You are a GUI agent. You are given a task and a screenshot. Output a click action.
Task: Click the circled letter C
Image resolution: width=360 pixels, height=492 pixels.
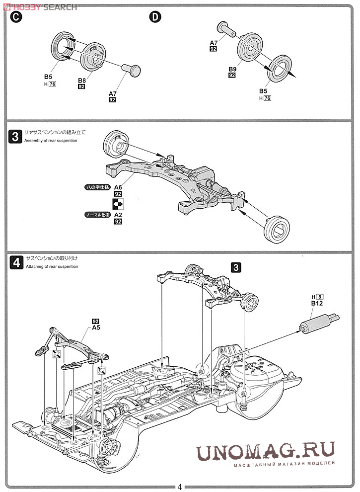pyautogui.click(x=17, y=16)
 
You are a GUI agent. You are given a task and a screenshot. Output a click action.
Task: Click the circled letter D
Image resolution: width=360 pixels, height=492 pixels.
pyautogui.click(x=155, y=16)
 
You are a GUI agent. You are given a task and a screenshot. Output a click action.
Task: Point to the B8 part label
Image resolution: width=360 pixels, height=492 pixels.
pyautogui.click(x=82, y=80)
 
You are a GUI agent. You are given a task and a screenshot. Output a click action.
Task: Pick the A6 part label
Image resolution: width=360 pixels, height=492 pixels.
pyautogui.click(x=118, y=187)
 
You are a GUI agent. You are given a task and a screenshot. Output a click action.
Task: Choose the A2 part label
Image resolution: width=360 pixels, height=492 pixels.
pyautogui.click(x=118, y=215)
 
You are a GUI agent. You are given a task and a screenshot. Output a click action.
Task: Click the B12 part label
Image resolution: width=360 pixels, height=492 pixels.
pyautogui.click(x=317, y=303)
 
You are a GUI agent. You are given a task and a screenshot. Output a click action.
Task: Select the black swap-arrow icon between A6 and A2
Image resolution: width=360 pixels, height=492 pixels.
pyautogui.click(x=118, y=203)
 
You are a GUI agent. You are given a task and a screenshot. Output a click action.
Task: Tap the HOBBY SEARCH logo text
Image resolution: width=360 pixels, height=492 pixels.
pyautogui.click(x=40, y=6)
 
